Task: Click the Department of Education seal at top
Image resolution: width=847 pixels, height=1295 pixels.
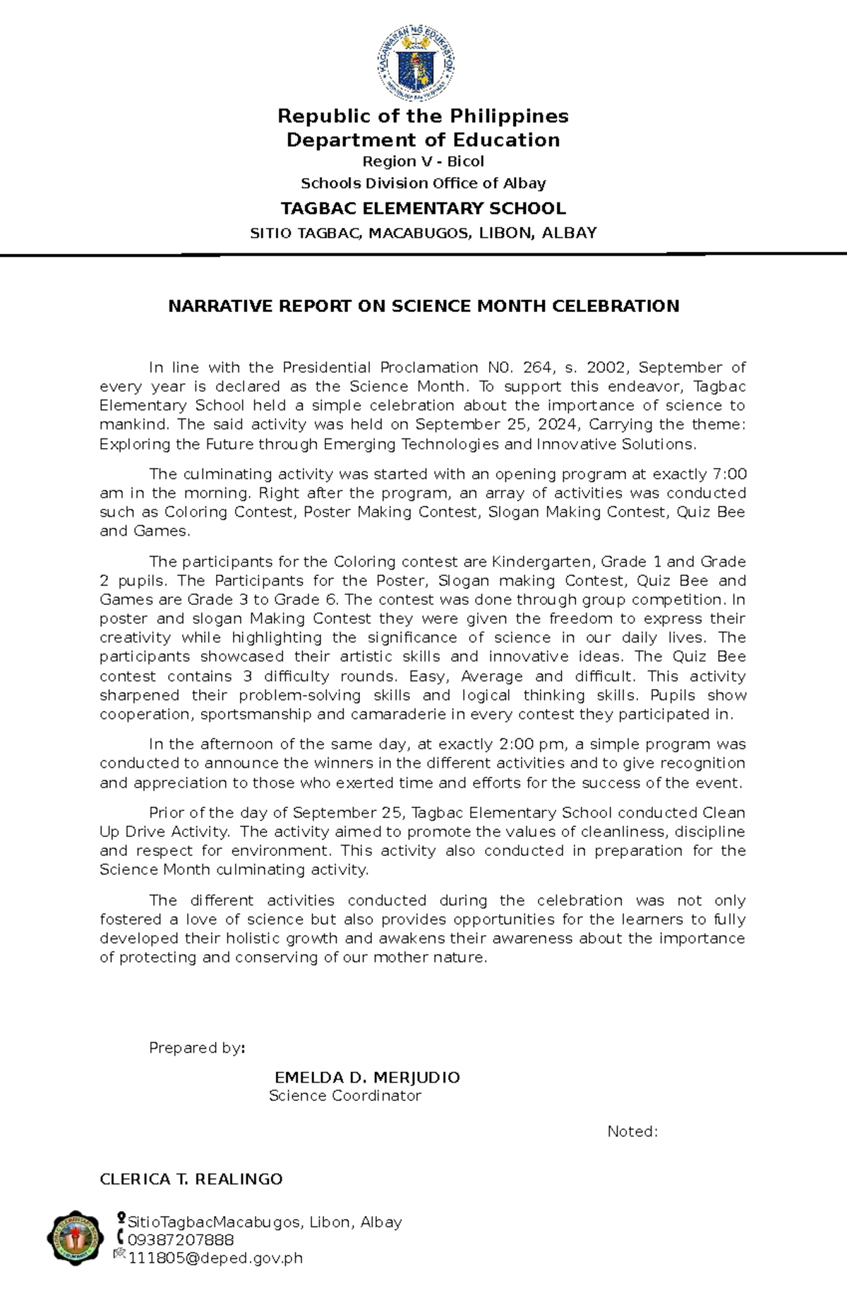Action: tap(416, 64)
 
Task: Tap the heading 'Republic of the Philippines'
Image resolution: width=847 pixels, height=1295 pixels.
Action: tap(423, 116)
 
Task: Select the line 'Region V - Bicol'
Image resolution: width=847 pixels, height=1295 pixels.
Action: tap(423, 162)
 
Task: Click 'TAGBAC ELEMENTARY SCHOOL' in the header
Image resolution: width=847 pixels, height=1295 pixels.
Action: tap(423, 209)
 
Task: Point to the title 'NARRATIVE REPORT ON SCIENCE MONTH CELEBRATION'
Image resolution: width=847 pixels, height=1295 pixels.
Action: tap(423, 306)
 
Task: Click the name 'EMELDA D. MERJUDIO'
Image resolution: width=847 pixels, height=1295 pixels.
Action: tap(367, 1078)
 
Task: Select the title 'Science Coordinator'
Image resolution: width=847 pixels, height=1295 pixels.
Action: tap(344, 1096)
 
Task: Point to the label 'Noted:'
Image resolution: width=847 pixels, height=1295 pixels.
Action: tap(632, 1132)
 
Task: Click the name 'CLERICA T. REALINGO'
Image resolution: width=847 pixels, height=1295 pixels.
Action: tap(191, 1179)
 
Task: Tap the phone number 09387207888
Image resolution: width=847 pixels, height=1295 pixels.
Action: tap(180, 1240)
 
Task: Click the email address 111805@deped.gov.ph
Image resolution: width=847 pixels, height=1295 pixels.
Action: tap(215, 1258)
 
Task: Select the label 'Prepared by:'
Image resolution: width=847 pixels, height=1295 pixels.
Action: tap(197, 1048)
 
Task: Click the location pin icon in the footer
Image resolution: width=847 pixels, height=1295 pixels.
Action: tap(121, 1217)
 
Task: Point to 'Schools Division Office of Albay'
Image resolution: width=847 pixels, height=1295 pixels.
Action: tap(423, 183)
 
